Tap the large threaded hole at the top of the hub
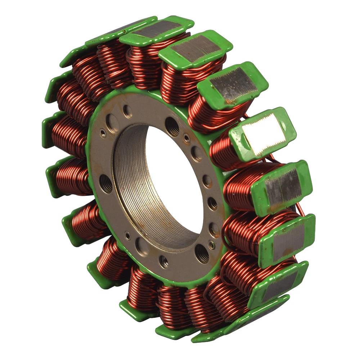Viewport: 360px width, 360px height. coord(172,126)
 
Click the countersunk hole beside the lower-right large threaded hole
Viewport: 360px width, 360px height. coord(212,245)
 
